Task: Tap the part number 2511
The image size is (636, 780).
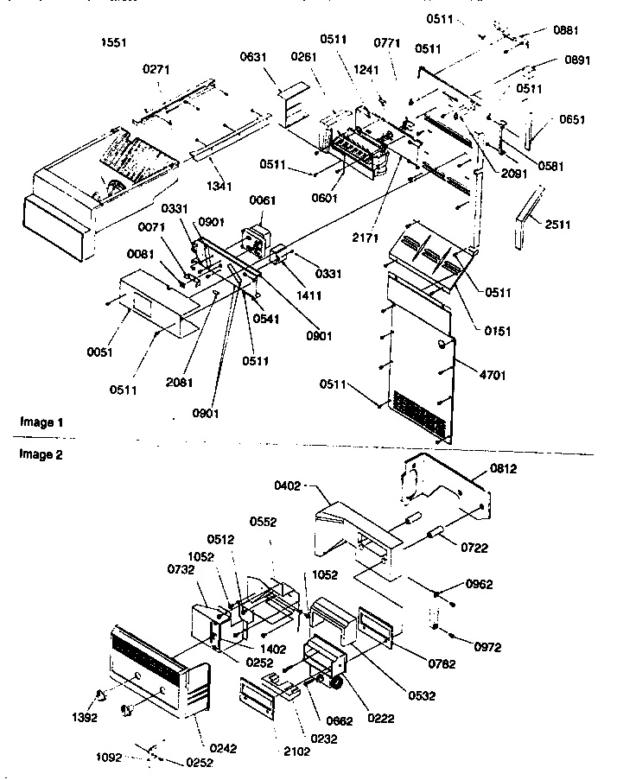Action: pos(559,225)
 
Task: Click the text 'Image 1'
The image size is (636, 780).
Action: pos(41,422)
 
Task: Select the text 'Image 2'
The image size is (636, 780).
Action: pos(41,453)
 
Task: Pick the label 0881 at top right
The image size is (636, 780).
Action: pos(566,29)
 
